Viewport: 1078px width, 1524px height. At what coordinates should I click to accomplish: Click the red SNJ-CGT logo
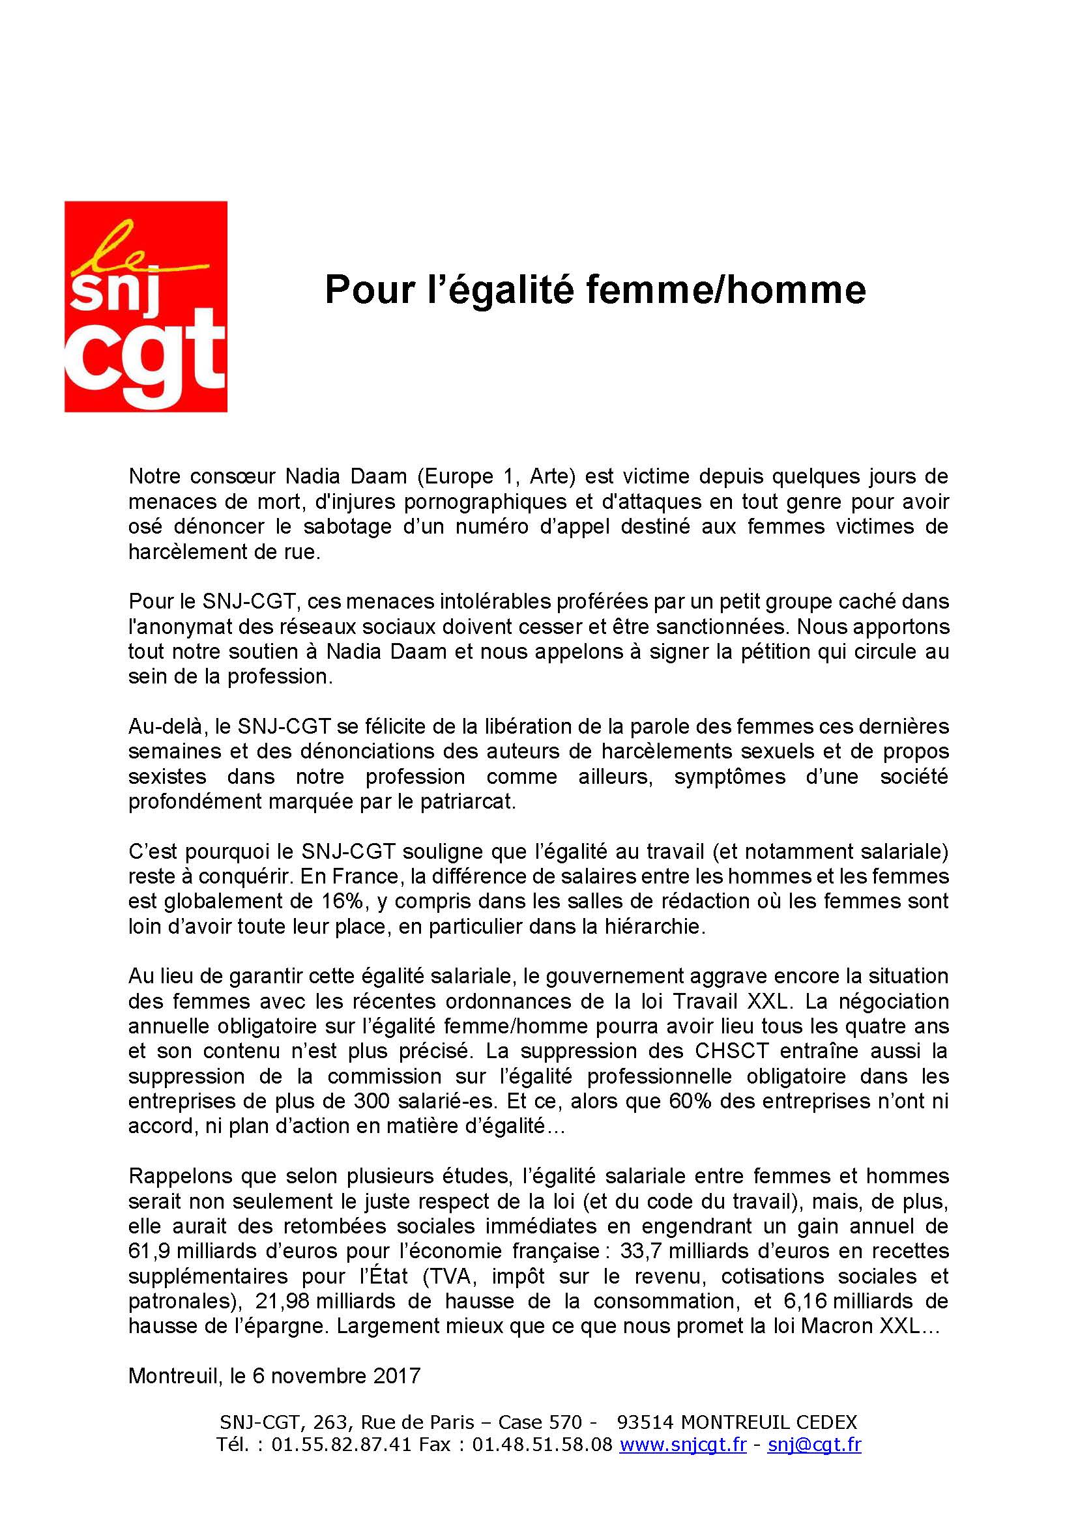145,306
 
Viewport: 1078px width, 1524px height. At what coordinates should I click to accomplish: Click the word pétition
765,652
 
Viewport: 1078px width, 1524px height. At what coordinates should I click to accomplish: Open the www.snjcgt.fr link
682,1443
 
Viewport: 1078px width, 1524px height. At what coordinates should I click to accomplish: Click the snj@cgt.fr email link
814,1443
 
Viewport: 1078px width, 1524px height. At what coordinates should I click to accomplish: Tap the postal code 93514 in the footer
645,1422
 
